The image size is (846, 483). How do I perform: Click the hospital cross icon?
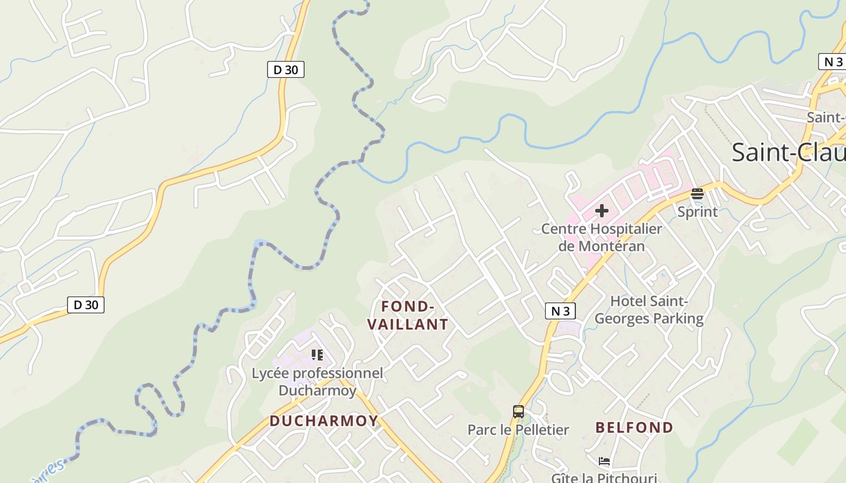pos(601,211)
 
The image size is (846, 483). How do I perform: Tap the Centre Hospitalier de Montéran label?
pos(601,237)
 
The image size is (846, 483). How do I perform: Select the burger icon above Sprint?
pos(697,194)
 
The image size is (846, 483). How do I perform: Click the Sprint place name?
pos(697,212)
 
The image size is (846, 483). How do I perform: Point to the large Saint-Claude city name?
pos(788,152)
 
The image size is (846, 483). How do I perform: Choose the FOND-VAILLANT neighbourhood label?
pos(408,316)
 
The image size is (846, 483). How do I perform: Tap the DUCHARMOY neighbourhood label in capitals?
pos(324,421)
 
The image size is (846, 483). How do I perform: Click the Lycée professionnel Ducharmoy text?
pos(317,382)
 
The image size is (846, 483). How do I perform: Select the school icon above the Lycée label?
pos(317,355)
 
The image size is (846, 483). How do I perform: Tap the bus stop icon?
pos(518,412)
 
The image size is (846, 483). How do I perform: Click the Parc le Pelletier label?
pos(518,430)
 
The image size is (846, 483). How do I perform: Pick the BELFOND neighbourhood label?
pos(634,427)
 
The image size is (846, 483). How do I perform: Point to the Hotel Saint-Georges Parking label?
pos(649,310)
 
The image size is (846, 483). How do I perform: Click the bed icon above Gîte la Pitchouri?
pos(604,462)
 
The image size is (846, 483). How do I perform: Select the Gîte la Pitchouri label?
pos(604,478)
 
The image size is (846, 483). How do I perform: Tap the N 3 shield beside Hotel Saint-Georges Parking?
pos(560,311)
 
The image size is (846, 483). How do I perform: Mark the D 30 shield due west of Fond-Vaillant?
pos(85,305)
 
